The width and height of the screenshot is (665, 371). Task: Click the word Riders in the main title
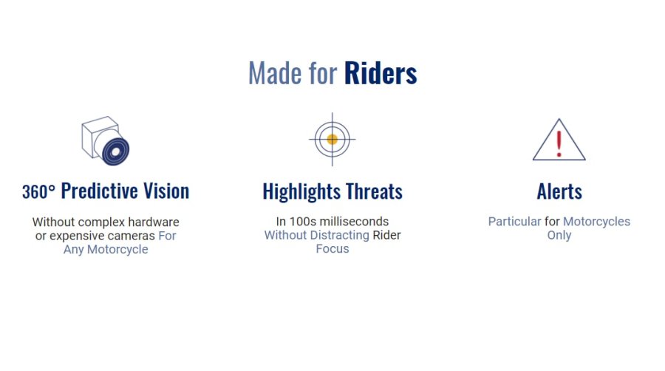[x=381, y=73]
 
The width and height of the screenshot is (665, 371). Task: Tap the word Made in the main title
[x=276, y=73]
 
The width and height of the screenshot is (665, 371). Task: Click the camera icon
[x=106, y=140]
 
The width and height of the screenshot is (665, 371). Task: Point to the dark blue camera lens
[x=116, y=152]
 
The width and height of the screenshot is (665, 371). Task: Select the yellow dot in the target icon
[x=332, y=139]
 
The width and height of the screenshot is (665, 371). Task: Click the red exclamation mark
[x=559, y=143]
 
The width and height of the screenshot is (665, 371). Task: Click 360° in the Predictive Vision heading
[x=38, y=191]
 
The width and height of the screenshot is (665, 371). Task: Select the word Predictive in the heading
[x=100, y=191]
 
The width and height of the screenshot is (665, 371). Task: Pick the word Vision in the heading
[x=166, y=191]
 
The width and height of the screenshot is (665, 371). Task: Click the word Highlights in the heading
[x=301, y=191]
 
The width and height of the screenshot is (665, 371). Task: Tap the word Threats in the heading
[x=374, y=191]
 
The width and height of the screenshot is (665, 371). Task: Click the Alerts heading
[x=559, y=191]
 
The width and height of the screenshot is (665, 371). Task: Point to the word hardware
[x=154, y=222]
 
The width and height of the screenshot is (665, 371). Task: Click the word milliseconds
[x=354, y=221]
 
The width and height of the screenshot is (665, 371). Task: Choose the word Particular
[x=514, y=221]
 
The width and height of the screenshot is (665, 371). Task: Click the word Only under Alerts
[x=559, y=235]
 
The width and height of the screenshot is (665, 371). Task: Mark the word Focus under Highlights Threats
[x=332, y=249]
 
